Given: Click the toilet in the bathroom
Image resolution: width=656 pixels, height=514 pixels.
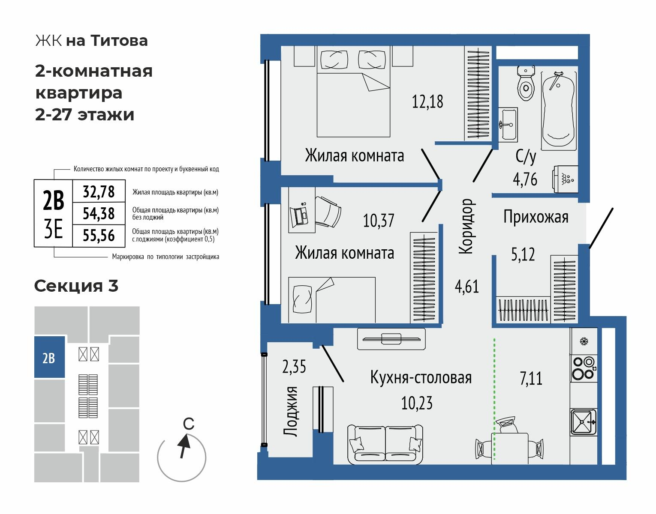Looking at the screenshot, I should [x=525, y=84].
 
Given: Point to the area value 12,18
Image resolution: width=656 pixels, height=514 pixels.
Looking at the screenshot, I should [x=427, y=102].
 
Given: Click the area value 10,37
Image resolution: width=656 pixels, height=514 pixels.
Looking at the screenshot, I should [x=379, y=221].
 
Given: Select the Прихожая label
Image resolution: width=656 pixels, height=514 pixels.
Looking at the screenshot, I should [x=536, y=217].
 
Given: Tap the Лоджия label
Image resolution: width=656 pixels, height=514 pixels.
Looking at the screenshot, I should [x=291, y=411].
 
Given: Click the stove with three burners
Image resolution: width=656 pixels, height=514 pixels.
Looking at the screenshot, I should [x=583, y=368].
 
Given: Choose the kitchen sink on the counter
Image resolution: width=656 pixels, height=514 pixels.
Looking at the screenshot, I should [x=583, y=422].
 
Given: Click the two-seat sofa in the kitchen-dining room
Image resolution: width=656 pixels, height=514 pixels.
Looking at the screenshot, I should [x=385, y=444].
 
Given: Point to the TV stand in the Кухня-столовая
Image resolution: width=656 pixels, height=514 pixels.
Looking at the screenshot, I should [x=391, y=339].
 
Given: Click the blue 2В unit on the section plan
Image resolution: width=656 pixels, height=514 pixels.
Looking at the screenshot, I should [x=49, y=357].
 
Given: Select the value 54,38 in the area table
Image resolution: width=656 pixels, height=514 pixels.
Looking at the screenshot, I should [x=99, y=213].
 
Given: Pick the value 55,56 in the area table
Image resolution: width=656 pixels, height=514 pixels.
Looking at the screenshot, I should [x=99, y=235].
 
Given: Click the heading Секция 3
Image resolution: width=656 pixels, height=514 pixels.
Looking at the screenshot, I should [x=76, y=286].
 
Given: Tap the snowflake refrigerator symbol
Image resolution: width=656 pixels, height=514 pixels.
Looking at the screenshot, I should [x=583, y=341].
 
